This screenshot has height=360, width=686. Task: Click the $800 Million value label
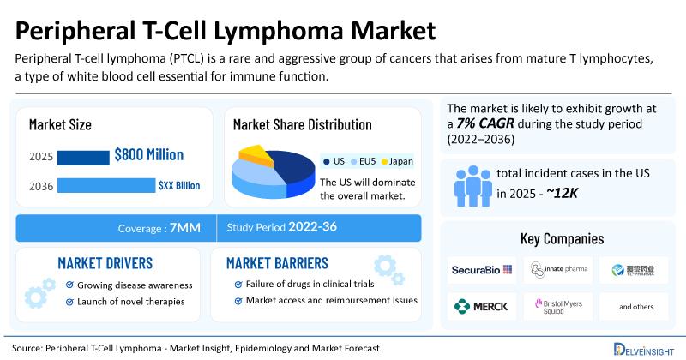click(148, 155)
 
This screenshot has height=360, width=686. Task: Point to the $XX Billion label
click(180, 185)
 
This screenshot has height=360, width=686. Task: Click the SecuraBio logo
click(482, 270)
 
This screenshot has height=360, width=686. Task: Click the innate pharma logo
click(558, 270)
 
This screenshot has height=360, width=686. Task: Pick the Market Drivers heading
click(105, 261)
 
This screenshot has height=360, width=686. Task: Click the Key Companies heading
click(562, 237)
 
